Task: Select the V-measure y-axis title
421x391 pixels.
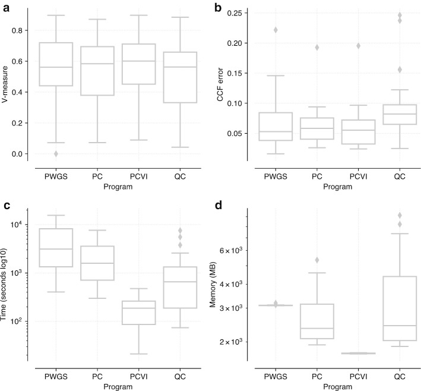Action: pyautogui.click(x=7, y=84)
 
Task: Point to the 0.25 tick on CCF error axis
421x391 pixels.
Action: pyautogui.click(x=233, y=13)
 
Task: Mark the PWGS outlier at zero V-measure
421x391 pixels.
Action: pyautogui.click(x=56, y=154)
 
